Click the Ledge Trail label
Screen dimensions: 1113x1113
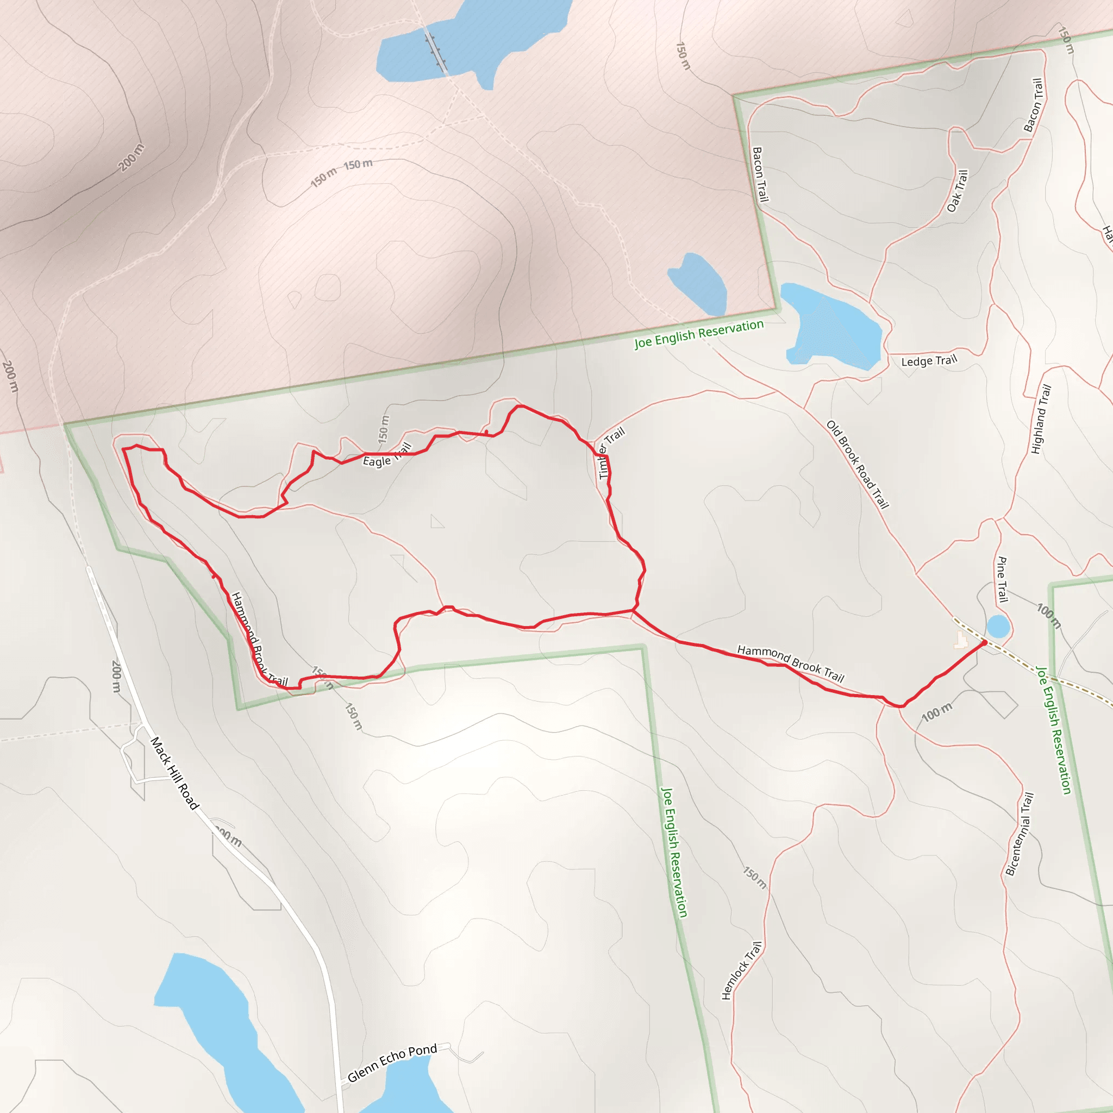[929, 361]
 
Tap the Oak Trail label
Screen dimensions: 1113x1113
[958, 191]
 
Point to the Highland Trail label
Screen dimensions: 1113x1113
[1041, 420]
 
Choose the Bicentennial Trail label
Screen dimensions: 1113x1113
[1020, 834]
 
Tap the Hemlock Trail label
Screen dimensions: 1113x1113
[742, 971]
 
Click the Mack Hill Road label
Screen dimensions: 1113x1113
[174, 773]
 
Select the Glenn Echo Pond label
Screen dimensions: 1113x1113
[392, 1063]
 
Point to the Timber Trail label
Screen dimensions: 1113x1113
[611, 452]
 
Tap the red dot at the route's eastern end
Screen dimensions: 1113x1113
[984, 643]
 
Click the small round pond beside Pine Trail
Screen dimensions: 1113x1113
[998, 626]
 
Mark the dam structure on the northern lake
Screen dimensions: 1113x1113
[435, 51]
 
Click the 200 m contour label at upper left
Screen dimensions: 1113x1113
[132, 157]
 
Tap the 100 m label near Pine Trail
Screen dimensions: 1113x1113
[1048, 616]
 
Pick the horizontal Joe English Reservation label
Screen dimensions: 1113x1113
[699, 334]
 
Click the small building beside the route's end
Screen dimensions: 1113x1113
[960, 640]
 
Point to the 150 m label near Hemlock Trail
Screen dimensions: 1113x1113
[754, 877]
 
